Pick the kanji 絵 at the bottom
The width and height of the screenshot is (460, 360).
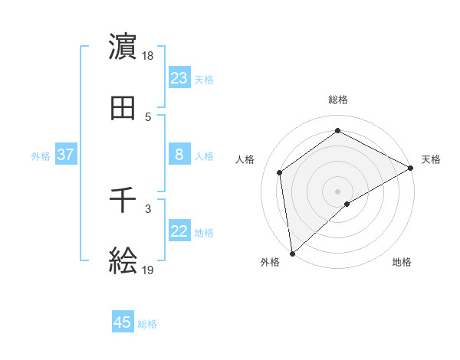click(123, 262)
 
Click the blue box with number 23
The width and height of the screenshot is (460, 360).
click(179, 78)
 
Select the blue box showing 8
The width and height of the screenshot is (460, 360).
click(179, 155)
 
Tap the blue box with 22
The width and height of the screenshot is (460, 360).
click(179, 231)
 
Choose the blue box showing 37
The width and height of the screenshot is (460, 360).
click(66, 155)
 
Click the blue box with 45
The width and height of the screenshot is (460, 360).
click(123, 322)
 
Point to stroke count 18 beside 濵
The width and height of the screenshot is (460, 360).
click(149, 56)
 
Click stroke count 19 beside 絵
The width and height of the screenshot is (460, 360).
click(149, 270)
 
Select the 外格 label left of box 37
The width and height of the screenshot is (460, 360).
click(41, 156)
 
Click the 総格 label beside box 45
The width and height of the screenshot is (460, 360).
click(147, 324)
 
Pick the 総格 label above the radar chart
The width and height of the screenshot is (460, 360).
click(338, 100)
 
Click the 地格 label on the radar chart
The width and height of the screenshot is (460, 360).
click(402, 262)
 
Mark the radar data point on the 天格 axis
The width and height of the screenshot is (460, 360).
click(411, 169)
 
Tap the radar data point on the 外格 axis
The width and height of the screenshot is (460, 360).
click(292, 253)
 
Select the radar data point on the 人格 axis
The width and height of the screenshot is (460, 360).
click(280, 172)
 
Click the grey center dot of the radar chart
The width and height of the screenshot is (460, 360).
click(338, 191)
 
